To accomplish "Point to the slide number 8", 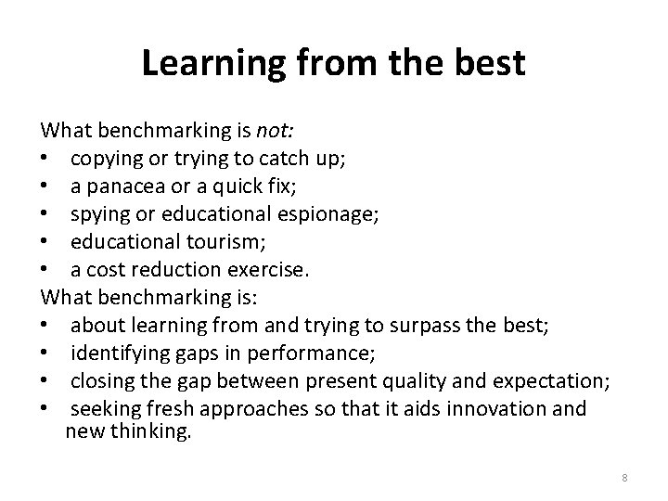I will coord(624,477).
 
